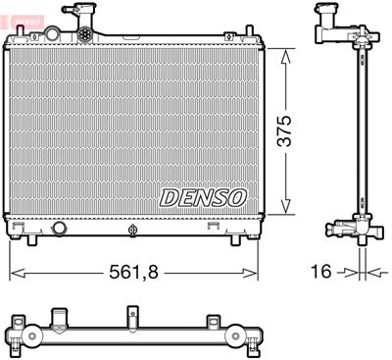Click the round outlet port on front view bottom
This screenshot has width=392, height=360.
[x=59, y=228]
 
